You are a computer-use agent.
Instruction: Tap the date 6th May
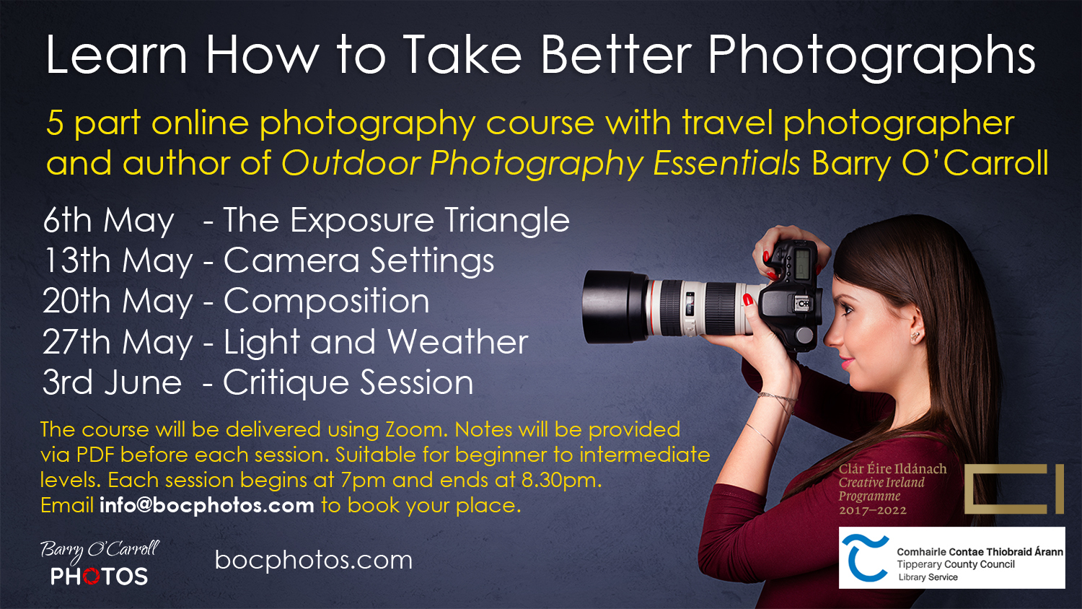coord(108,220)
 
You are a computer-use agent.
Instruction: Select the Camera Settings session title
coord(359,260)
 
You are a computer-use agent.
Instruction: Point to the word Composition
coord(327,301)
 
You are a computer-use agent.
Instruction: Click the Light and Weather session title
coord(376,342)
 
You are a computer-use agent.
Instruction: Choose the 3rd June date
coord(112,382)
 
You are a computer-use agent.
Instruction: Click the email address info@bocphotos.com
coord(207,506)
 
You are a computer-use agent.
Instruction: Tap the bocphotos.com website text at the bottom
coord(314,560)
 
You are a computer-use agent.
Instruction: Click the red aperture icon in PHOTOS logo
coord(91,576)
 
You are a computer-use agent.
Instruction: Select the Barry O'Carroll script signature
coord(100,551)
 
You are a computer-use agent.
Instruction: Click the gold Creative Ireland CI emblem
coord(1014,488)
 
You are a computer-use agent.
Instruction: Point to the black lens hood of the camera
coord(613,307)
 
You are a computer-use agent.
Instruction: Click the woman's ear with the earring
coord(915,324)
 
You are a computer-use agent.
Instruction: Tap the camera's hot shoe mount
coord(802,303)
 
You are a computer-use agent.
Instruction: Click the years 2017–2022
coord(872,510)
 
